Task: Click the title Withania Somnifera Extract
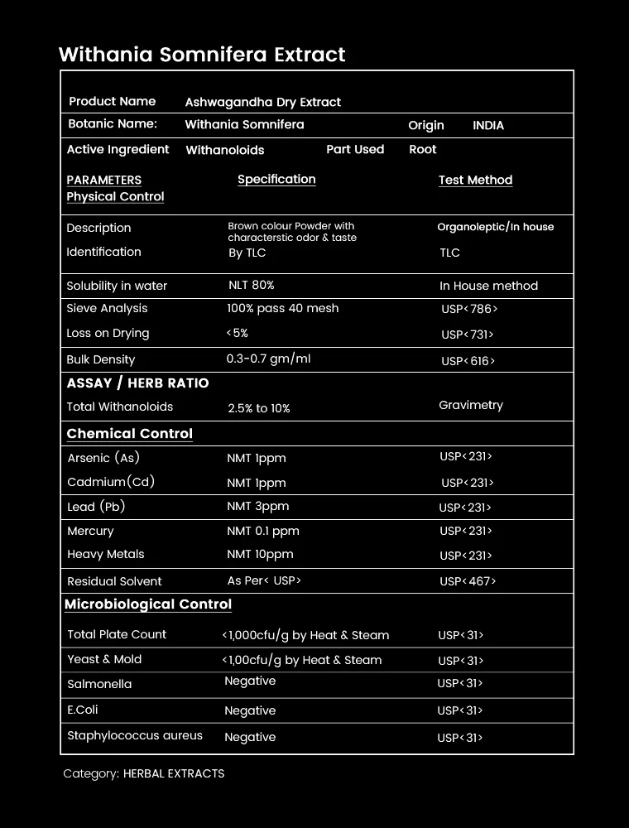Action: click(202, 55)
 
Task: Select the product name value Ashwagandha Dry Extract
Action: click(262, 102)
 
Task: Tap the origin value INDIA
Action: click(487, 125)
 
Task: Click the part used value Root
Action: click(422, 150)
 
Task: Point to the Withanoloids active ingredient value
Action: click(224, 150)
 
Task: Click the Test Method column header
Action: click(475, 180)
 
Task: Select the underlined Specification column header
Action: click(276, 179)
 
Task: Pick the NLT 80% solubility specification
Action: click(251, 285)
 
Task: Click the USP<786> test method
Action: click(469, 309)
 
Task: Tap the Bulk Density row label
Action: click(100, 359)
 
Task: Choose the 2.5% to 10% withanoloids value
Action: click(258, 408)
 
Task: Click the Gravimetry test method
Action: click(470, 405)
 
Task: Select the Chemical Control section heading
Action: click(129, 433)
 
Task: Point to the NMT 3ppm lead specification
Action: click(257, 506)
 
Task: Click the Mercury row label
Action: click(90, 531)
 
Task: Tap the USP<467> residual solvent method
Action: click(467, 581)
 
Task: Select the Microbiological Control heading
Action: click(148, 604)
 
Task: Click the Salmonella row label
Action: click(99, 684)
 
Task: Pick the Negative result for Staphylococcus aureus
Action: click(250, 737)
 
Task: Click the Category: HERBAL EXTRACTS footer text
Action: click(143, 773)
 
